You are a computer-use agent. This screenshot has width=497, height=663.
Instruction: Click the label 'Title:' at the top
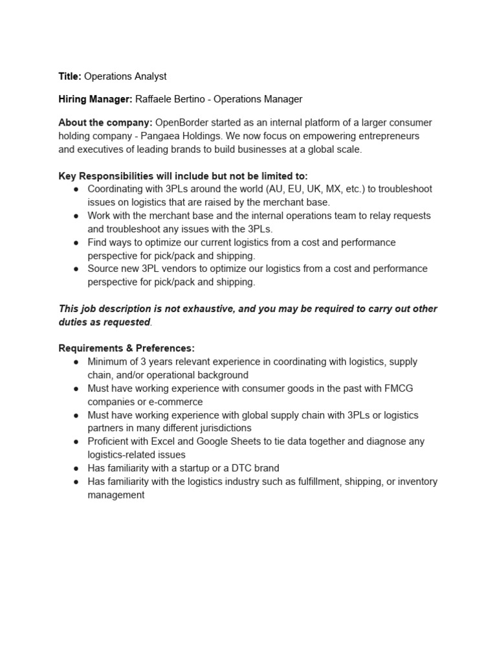pos(70,76)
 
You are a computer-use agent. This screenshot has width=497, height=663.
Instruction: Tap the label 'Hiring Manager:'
pos(95,99)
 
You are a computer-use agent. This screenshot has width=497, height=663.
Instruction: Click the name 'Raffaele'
pos(155,99)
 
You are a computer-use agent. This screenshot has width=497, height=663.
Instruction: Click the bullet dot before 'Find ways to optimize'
pos(76,242)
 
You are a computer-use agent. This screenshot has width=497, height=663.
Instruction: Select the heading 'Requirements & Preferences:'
pos(126,348)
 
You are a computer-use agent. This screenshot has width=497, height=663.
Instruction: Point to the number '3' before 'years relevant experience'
pos(140,362)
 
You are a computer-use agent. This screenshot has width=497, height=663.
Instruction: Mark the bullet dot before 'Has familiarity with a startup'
pos(76,468)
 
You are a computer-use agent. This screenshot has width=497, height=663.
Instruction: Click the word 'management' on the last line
pos(116,495)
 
